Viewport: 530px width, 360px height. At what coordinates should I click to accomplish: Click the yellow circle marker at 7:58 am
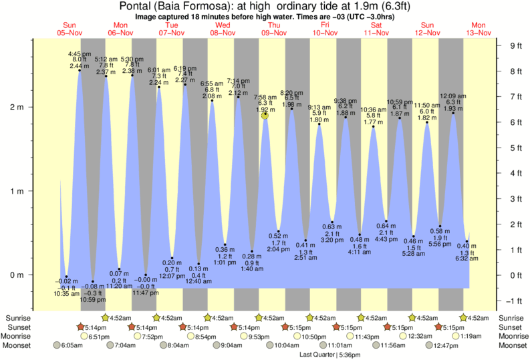(x=265, y=115)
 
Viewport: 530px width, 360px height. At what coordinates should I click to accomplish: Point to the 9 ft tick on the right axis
(x=515, y=46)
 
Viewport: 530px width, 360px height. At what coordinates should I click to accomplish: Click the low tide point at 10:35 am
(x=66, y=277)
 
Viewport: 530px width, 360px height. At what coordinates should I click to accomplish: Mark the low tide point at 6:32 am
(x=467, y=241)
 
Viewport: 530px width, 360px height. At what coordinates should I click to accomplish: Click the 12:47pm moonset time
(x=450, y=345)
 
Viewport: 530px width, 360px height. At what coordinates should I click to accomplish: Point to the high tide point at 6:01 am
(x=159, y=87)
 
